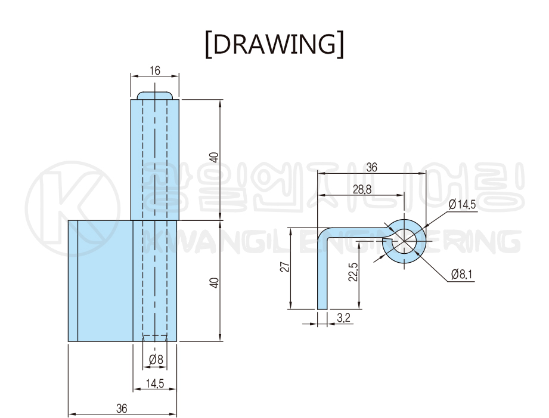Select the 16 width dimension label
[155, 70]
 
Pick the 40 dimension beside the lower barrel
[214, 281]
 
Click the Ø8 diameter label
[156, 359]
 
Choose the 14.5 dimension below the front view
[155, 384]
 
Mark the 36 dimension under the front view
[122, 409]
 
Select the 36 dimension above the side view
[371, 168]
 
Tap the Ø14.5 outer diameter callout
[462, 204]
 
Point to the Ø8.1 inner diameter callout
[462, 275]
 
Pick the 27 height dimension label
[284, 267]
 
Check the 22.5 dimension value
[353, 272]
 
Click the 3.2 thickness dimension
[343, 318]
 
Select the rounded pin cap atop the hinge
[155, 96]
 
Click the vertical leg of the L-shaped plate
[322, 275]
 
